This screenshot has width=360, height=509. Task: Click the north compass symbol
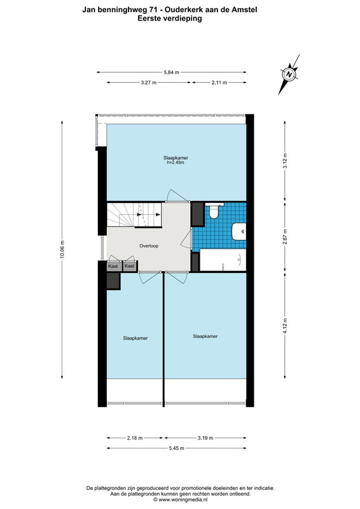tap(289, 74)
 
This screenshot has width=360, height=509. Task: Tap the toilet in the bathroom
tap(214, 211)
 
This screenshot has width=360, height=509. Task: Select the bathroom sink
tap(239, 231)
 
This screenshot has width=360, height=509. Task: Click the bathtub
tap(223, 260)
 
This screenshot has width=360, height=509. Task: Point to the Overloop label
tap(149, 246)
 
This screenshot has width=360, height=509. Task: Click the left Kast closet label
tap(113, 266)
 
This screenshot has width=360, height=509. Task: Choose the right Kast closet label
tap(129, 266)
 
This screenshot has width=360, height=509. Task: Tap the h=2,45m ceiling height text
tap(176, 163)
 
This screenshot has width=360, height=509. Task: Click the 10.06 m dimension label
tap(62, 249)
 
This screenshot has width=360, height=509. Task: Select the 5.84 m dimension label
tap(171, 73)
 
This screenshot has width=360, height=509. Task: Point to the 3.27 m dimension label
tap(149, 83)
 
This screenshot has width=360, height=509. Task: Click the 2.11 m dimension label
tap(219, 83)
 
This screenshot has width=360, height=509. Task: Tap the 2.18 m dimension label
tap(135, 438)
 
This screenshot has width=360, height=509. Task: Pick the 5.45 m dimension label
tap(176, 449)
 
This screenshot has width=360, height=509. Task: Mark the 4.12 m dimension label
tap(285, 326)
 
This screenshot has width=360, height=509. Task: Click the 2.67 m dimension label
tap(285, 236)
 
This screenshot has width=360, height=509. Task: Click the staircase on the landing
tap(134, 214)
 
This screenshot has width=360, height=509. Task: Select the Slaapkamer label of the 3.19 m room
tap(205, 337)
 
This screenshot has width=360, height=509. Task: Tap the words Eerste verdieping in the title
tap(169, 18)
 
